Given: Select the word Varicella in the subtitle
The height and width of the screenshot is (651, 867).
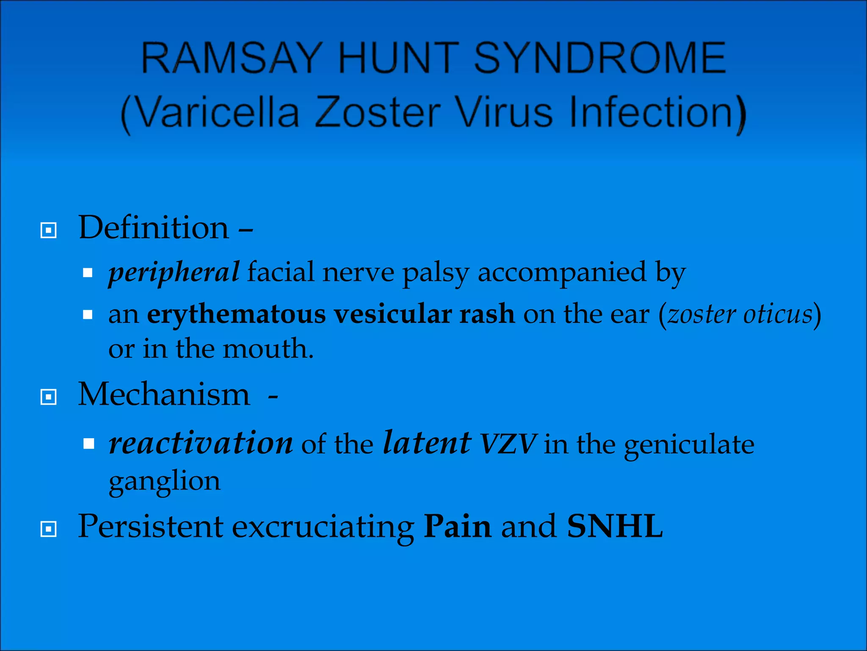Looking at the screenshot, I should click(218, 112).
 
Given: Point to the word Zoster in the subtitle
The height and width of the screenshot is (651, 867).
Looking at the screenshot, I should click(378, 112).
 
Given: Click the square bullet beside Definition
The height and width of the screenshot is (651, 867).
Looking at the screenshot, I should click(48, 231).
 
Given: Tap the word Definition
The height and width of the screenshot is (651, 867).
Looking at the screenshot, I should click(154, 228).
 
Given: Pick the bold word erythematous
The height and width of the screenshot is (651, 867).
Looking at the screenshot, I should click(236, 314).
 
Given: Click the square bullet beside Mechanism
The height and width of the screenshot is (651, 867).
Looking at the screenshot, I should click(48, 397).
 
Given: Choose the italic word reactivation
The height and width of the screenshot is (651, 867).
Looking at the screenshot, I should click(201, 443).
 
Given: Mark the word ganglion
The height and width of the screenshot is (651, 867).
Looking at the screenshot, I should click(164, 481).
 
